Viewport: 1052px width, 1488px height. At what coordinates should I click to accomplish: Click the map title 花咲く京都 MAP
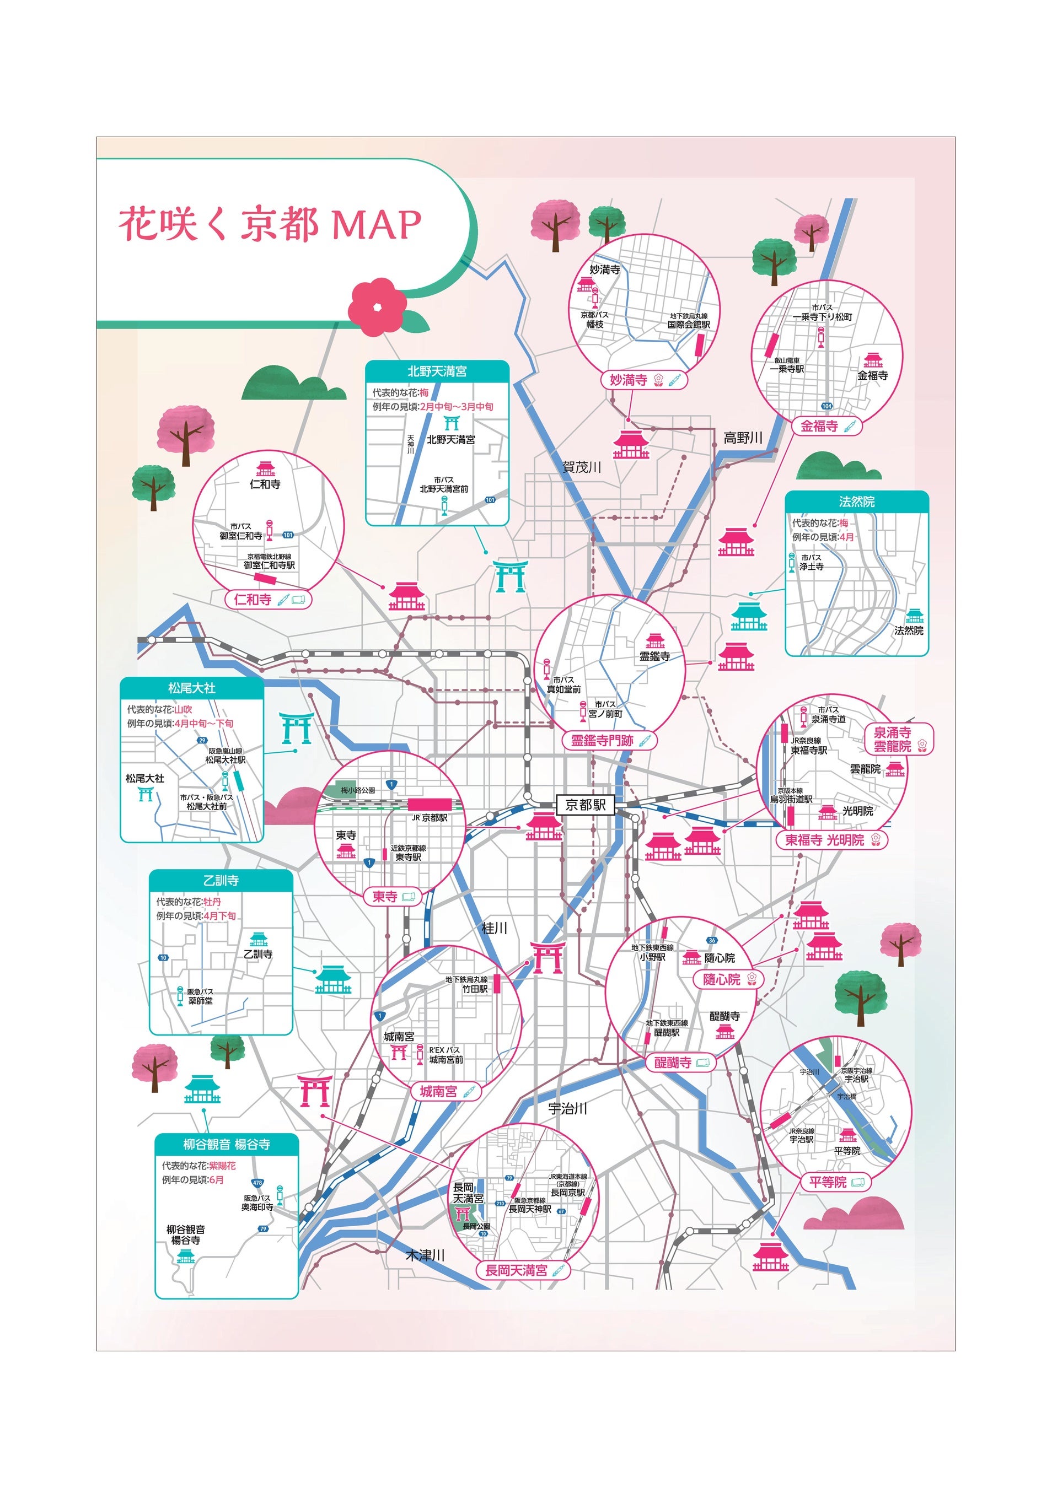click(x=270, y=224)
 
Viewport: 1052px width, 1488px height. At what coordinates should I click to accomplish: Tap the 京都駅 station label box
click(x=586, y=805)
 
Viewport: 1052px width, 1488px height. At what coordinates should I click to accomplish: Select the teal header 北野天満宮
click(x=437, y=371)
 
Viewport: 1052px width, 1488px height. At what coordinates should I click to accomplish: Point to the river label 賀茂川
click(x=582, y=467)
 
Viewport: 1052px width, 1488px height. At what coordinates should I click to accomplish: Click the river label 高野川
click(x=743, y=438)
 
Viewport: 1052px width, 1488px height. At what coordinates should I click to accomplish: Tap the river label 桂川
click(x=494, y=928)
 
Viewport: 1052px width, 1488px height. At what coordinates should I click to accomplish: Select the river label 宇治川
click(x=567, y=1109)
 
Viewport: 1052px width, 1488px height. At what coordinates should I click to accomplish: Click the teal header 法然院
click(x=856, y=501)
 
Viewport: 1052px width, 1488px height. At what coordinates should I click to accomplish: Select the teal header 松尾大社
click(x=192, y=688)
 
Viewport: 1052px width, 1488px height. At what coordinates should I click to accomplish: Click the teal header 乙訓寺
click(x=221, y=880)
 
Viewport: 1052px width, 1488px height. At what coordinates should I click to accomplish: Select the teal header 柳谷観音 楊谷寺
click(x=226, y=1145)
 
